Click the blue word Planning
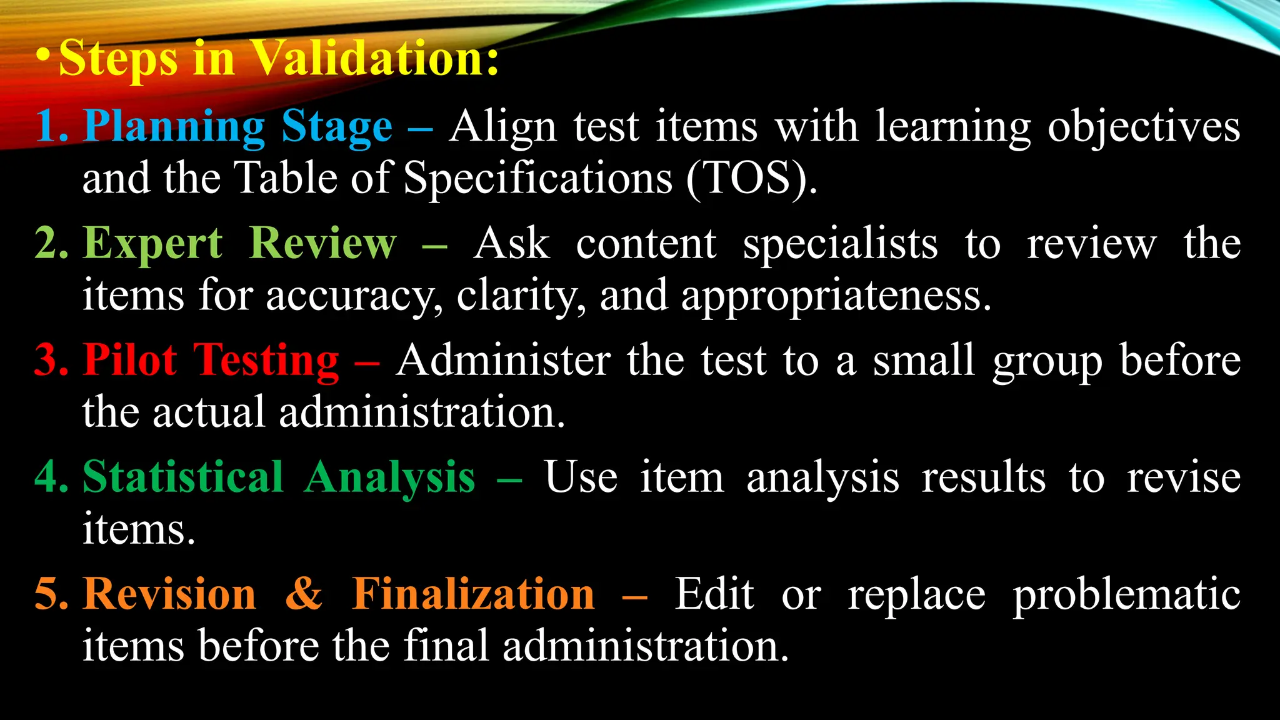tap(174, 127)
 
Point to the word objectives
tap(1144, 127)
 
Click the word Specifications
tap(538, 179)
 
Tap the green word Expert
tap(152, 243)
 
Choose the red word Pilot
tap(130, 360)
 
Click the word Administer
tap(503, 361)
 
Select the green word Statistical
tap(183, 477)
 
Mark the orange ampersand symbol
tap(304, 593)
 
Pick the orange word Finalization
tap(473, 593)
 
